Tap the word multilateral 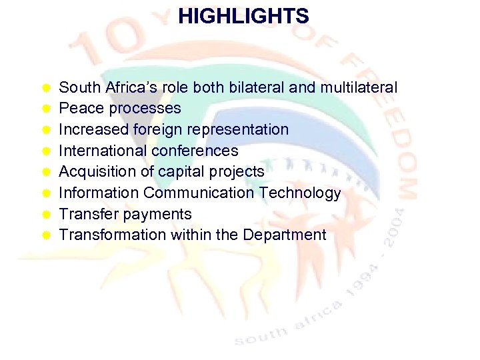pos(359,87)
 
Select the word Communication pos(199,193)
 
